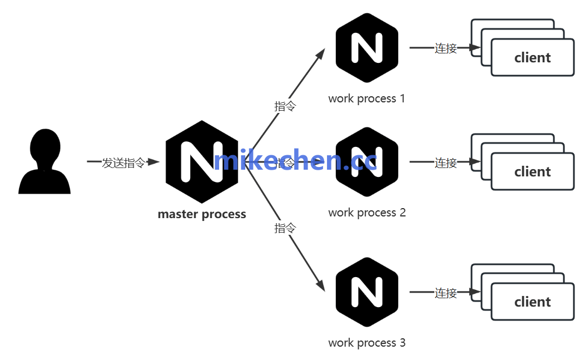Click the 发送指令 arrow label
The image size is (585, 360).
(x=123, y=163)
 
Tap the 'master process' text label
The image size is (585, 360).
(x=202, y=214)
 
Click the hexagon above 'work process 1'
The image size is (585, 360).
(x=367, y=48)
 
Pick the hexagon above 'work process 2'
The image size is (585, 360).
(x=367, y=161)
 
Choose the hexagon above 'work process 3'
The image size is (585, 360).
(x=367, y=292)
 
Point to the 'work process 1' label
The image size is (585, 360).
(x=367, y=99)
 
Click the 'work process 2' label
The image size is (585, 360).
(x=367, y=213)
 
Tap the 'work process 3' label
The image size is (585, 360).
(x=367, y=343)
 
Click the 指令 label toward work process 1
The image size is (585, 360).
(x=285, y=106)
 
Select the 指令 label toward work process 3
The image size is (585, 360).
(x=285, y=228)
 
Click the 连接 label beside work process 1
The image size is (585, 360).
(x=446, y=48)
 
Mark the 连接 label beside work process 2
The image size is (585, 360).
(x=446, y=163)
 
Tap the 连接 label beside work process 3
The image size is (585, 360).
(x=446, y=293)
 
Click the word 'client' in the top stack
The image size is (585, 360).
(x=533, y=58)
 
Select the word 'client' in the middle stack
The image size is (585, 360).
(x=533, y=172)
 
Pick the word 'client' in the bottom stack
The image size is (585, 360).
(x=533, y=302)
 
